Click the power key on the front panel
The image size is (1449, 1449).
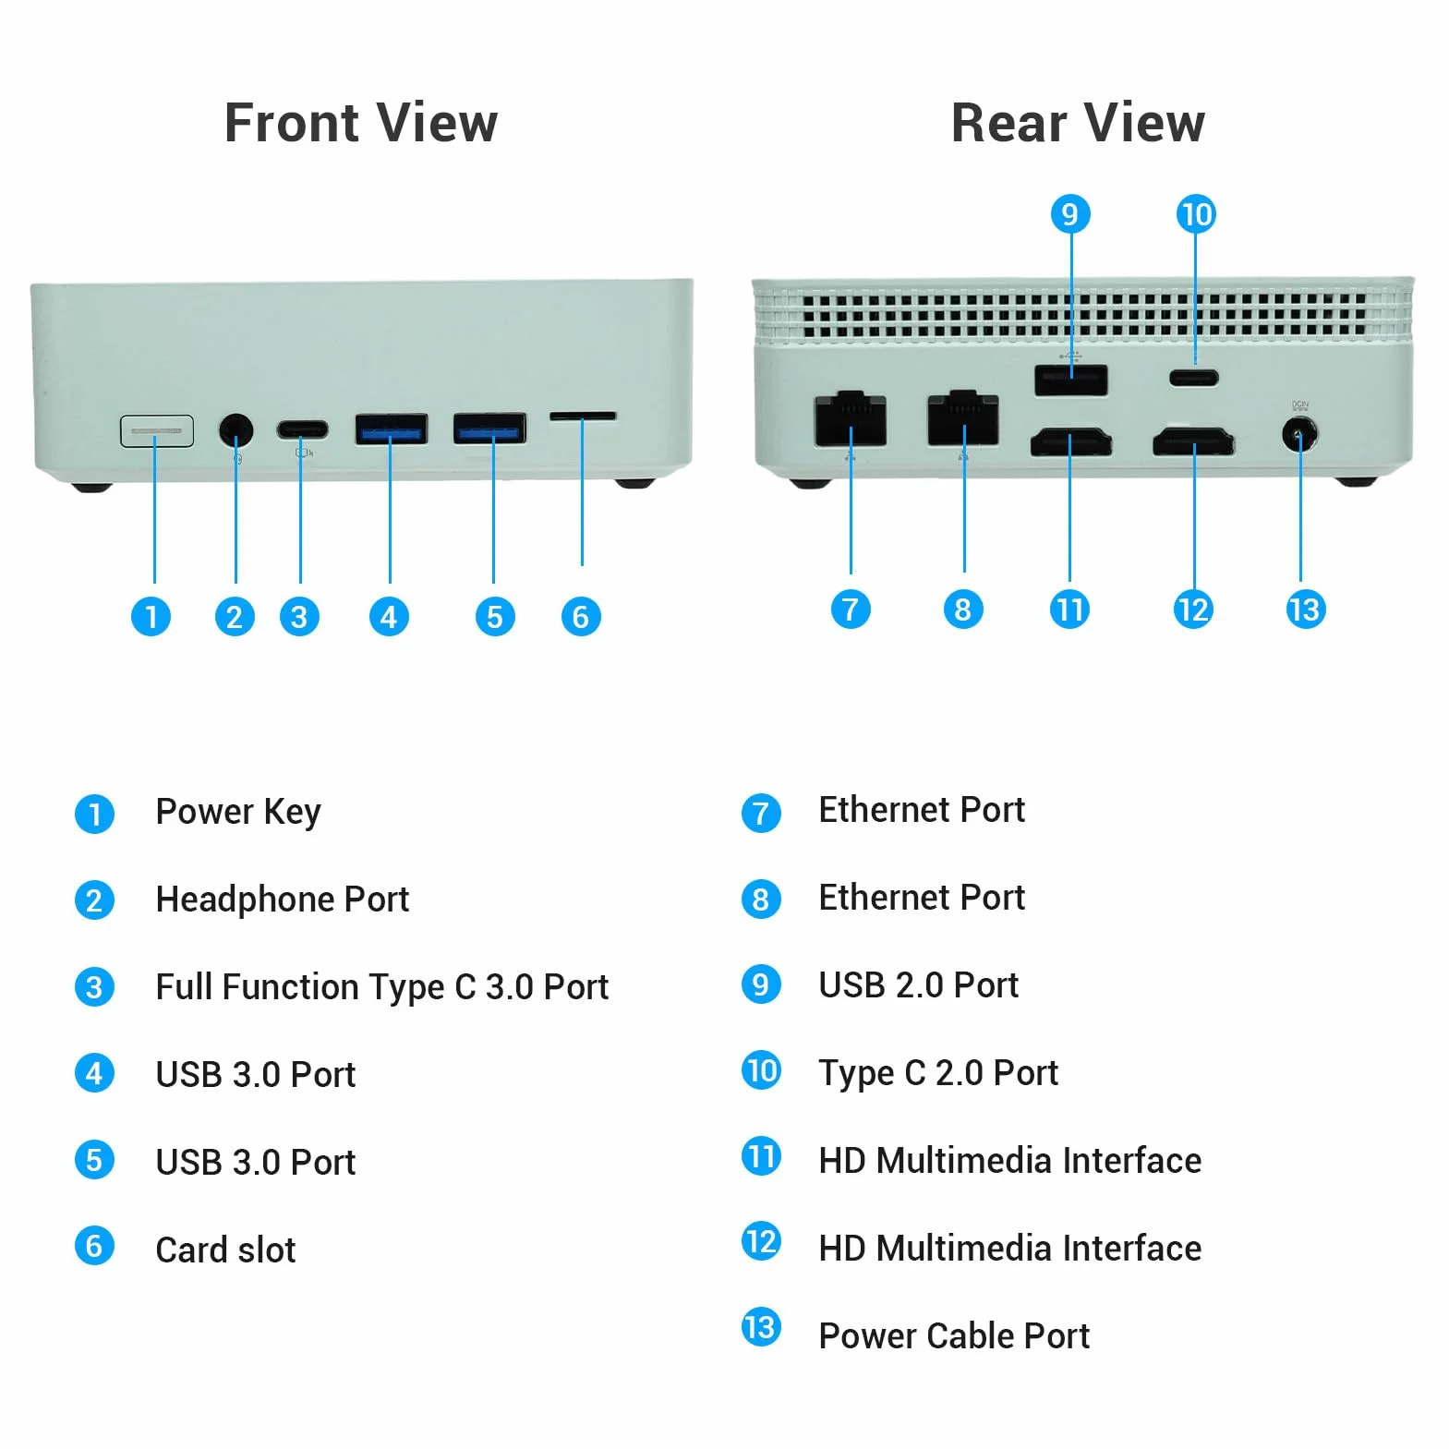(157, 430)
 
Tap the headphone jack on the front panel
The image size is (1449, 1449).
(236, 429)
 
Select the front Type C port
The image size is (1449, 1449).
(302, 429)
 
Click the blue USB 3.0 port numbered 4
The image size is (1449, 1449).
(391, 429)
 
